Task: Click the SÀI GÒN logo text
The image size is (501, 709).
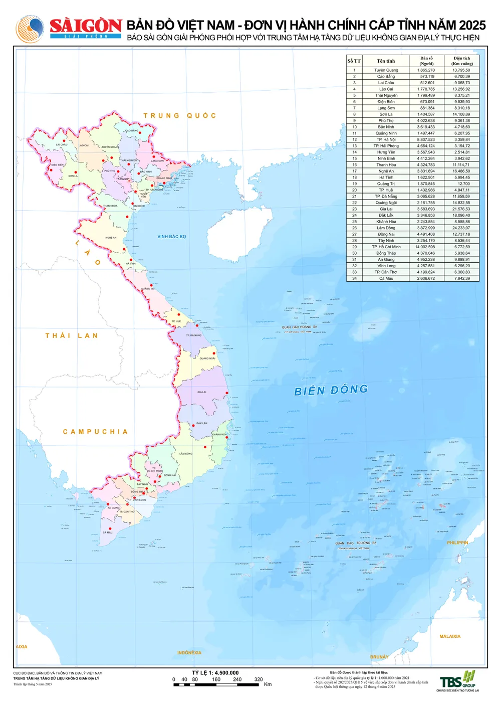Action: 86,26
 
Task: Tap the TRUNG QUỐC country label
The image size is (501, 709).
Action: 180,116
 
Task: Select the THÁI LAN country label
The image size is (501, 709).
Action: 72,335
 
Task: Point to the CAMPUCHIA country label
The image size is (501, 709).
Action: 96,432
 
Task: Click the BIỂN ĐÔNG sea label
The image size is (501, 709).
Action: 331,390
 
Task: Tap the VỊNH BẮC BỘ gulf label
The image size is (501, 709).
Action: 172,237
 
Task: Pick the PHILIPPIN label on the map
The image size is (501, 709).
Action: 457,543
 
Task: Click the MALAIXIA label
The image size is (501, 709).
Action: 450,636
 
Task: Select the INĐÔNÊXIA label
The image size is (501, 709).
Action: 189,652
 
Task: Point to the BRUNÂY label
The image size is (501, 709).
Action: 379,657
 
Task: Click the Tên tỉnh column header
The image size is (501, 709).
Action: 386,61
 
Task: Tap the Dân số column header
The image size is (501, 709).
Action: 426,61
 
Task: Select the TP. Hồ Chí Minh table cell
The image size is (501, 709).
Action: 386,247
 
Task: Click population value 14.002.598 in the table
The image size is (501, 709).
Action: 426,247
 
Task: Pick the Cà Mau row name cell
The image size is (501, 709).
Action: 386,278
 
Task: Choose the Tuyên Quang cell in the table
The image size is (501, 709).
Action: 386,70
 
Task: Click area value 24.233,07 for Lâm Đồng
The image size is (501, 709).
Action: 461,228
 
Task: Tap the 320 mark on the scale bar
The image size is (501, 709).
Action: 259,679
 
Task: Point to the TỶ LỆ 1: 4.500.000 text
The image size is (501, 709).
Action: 215,673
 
